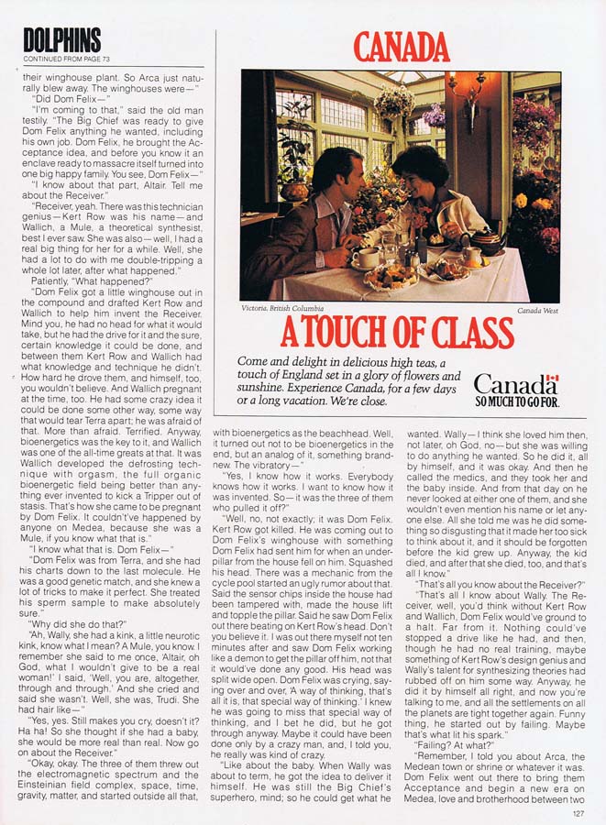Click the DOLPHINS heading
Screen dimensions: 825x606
coord(62,40)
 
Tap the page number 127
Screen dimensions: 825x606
coord(578,812)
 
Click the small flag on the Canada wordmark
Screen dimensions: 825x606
coord(551,380)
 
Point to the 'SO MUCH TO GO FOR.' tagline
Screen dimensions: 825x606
coord(517,401)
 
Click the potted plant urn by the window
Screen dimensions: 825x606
coord(295,188)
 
